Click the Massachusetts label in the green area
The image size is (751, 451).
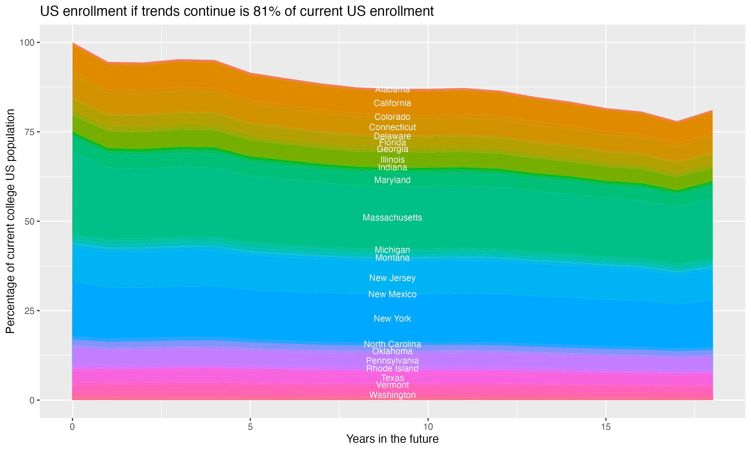point(392,217)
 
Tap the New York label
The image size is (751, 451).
point(392,318)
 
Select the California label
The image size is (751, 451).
point(392,103)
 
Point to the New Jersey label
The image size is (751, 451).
point(392,278)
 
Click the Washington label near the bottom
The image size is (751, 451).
point(392,395)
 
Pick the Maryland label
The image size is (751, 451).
point(392,180)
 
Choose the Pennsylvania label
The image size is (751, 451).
point(392,361)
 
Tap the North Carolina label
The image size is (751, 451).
point(392,344)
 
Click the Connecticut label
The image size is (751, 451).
point(392,127)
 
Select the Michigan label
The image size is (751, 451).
point(392,250)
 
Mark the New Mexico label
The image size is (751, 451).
point(392,294)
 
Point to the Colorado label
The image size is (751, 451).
point(392,117)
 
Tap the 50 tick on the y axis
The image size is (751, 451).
point(30,221)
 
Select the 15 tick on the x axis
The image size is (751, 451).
point(606,427)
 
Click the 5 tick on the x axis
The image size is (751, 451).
point(250,427)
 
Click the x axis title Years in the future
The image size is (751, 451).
point(392,439)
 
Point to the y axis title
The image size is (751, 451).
point(10,221)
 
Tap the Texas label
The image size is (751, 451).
point(392,378)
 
